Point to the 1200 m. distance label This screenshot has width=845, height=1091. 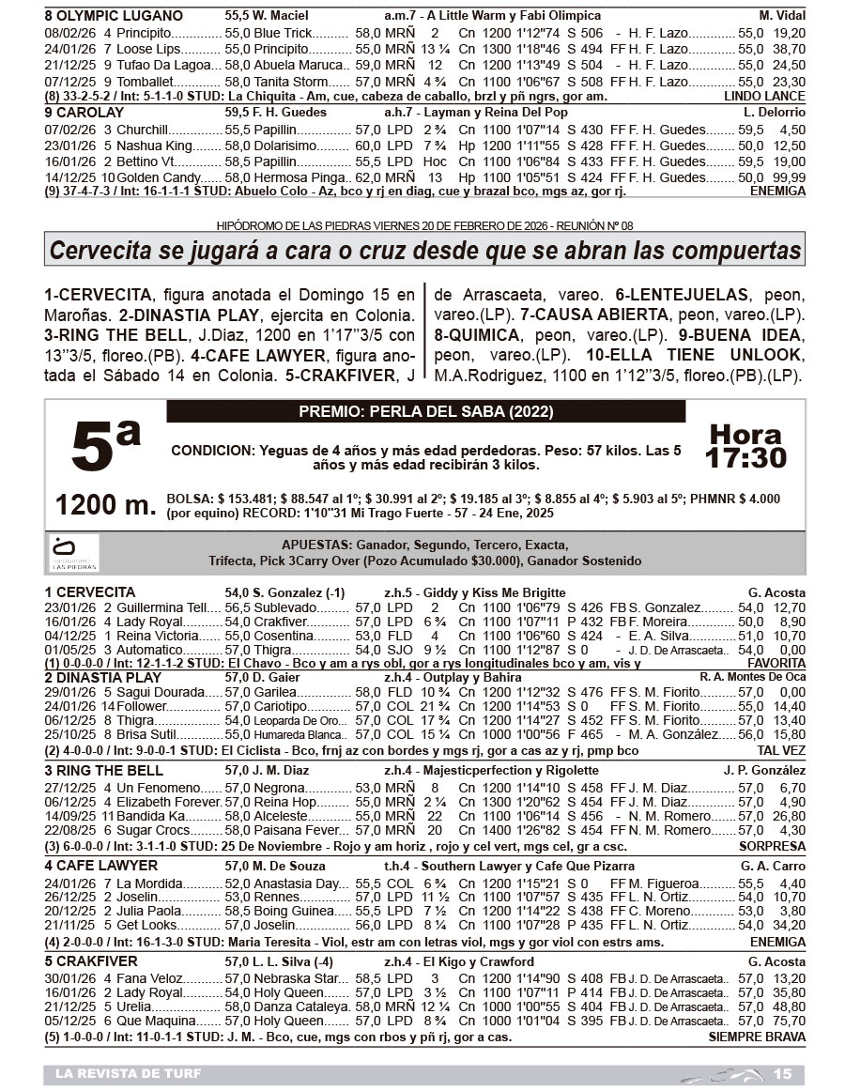(x=105, y=505)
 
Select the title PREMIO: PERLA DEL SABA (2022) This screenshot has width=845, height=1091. (x=425, y=412)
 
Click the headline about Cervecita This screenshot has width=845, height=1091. (x=425, y=251)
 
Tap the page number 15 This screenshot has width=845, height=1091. (x=782, y=1074)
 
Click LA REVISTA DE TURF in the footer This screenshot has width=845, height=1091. (x=128, y=1074)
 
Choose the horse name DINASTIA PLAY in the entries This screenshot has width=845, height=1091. (x=109, y=677)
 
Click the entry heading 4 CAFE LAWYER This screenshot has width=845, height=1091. (x=101, y=865)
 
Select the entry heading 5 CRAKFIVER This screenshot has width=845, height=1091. (x=91, y=961)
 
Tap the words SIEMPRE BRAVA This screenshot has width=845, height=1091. (x=757, y=1037)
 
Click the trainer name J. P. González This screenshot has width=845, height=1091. (x=764, y=771)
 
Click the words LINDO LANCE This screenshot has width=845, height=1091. (x=764, y=96)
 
